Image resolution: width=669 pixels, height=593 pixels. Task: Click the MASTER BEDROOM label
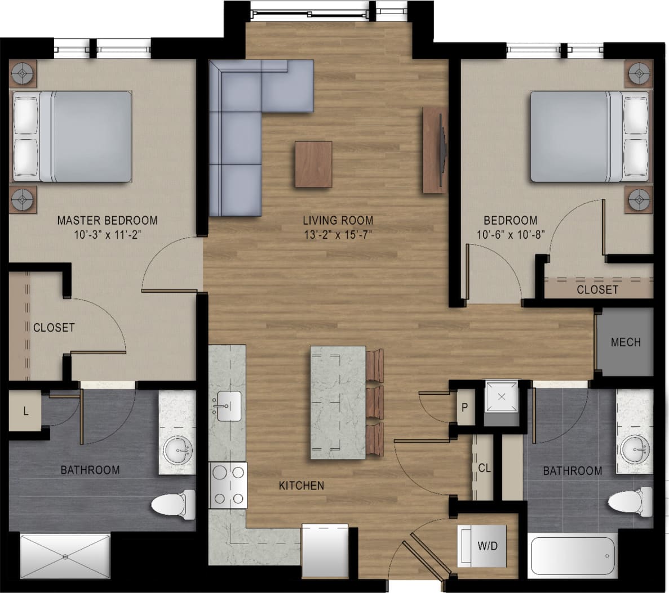click(x=107, y=220)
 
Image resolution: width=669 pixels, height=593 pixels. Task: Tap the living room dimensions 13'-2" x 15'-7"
click(x=338, y=235)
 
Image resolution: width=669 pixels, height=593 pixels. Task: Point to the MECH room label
click(x=626, y=342)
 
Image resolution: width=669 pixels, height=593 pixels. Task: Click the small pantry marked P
click(x=465, y=407)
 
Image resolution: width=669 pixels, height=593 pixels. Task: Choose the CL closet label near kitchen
click(x=484, y=468)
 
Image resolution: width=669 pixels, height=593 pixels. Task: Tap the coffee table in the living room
click(x=313, y=164)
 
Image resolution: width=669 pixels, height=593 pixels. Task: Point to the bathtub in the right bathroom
click(x=571, y=557)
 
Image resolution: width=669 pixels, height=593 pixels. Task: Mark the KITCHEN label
click(x=302, y=485)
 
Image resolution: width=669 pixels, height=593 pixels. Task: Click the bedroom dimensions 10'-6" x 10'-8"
click(x=510, y=235)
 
